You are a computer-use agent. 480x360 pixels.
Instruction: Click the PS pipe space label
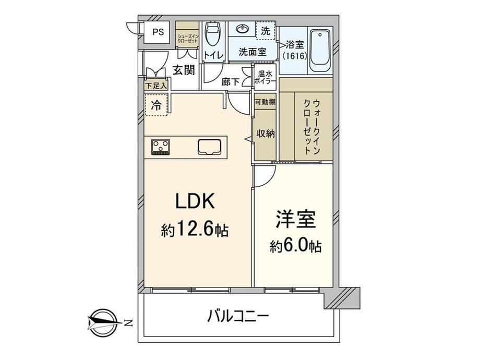[158, 32]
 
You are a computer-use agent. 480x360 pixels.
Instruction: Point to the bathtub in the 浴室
[320, 50]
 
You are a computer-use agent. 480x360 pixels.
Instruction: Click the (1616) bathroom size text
[294, 56]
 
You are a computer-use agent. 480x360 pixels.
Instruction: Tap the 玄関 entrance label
[184, 70]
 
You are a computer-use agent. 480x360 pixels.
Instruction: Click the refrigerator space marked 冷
[156, 105]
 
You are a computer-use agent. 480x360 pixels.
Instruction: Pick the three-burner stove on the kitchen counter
[160, 147]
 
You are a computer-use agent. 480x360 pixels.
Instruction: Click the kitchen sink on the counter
[209, 147]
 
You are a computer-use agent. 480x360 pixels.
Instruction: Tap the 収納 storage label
[266, 134]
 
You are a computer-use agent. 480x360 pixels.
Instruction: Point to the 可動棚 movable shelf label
[265, 102]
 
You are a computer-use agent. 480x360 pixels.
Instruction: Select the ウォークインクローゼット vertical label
[312, 126]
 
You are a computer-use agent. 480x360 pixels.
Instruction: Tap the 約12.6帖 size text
[195, 230]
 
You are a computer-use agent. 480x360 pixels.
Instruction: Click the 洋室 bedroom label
[296, 219]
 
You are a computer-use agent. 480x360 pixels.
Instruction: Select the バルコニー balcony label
[238, 316]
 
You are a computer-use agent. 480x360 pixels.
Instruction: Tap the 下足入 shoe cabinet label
[156, 86]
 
